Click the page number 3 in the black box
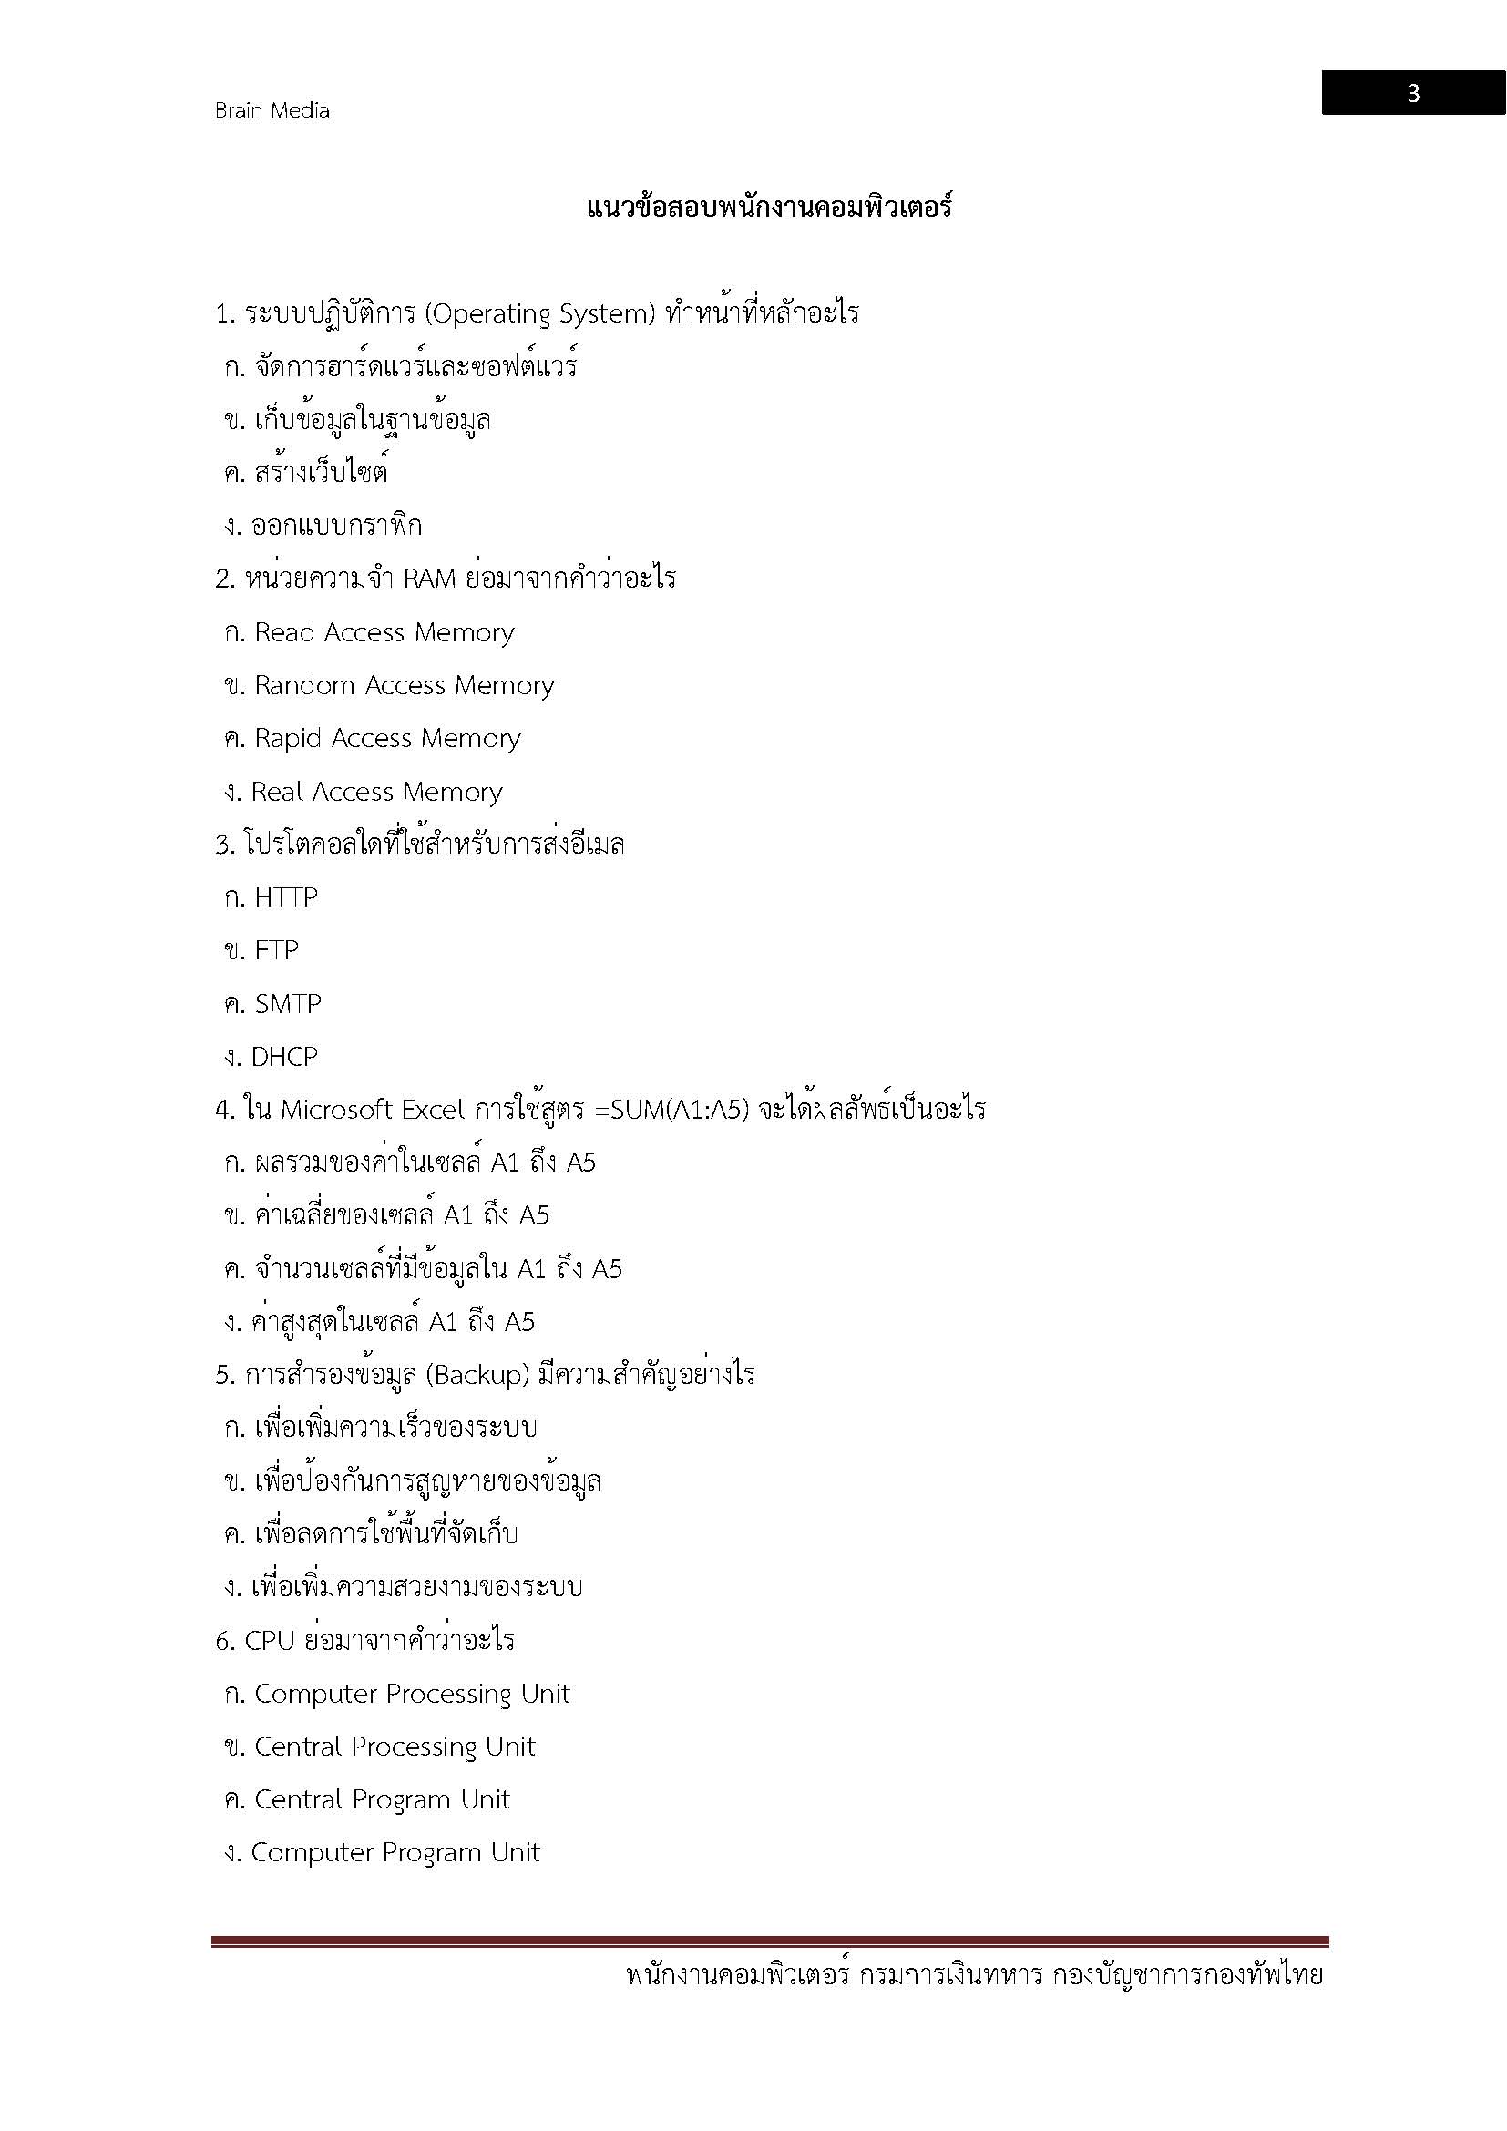1412,93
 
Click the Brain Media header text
272,110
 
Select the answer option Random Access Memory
404,685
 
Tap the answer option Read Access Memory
384,632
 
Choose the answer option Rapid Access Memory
387,738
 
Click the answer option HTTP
286,897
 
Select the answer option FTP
277,950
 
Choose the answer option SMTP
288,1003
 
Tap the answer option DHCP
284,1056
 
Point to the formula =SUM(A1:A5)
668,1109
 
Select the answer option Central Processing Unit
395,1747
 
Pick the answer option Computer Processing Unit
411,1694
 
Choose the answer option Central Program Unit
382,1799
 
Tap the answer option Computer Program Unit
395,1852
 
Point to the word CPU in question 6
269,1641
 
